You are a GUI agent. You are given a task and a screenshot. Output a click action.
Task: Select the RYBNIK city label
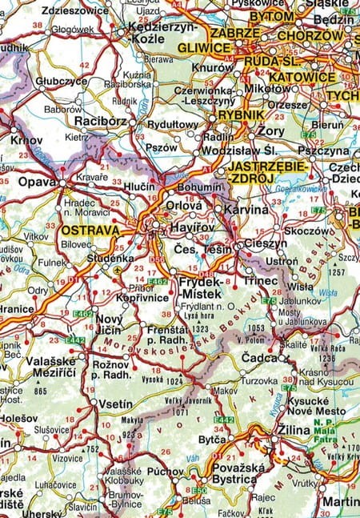[242, 115]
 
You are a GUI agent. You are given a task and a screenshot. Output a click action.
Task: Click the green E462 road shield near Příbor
[156, 281]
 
